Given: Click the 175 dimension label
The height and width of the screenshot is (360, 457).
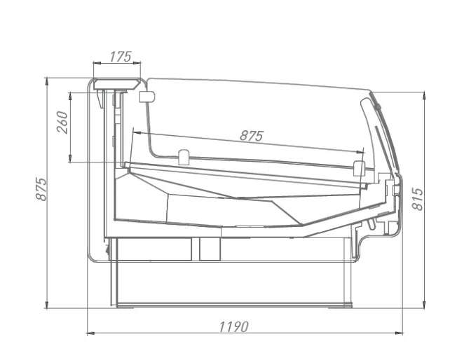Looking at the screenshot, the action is pyautogui.click(x=121, y=57).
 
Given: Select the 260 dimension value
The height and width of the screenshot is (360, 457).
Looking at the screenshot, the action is pyautogui.click(x=62, y=123).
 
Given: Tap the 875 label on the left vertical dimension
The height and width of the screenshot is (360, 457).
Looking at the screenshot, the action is pyautogui.click(x=41, y=189).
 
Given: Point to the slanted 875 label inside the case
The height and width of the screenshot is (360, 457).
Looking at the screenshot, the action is pyautogui.click(x=252, y=136).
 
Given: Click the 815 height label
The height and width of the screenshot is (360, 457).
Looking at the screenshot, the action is pyautogui.click(x=417, y=199).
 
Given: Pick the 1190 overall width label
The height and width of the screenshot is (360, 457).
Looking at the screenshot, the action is pyautogui.click(x=233, y=327).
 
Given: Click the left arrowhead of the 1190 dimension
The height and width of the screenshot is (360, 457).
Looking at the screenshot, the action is pyautogui.click(x=91, y=333).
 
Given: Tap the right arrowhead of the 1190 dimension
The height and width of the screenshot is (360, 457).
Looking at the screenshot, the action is pyautogui.click(x=399, y=333).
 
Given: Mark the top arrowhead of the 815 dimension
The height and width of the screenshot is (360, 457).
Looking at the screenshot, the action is pyautogui.click(x=424, y=96).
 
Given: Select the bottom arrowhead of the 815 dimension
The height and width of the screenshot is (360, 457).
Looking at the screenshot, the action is pyautogui.click(x=424, y=304).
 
